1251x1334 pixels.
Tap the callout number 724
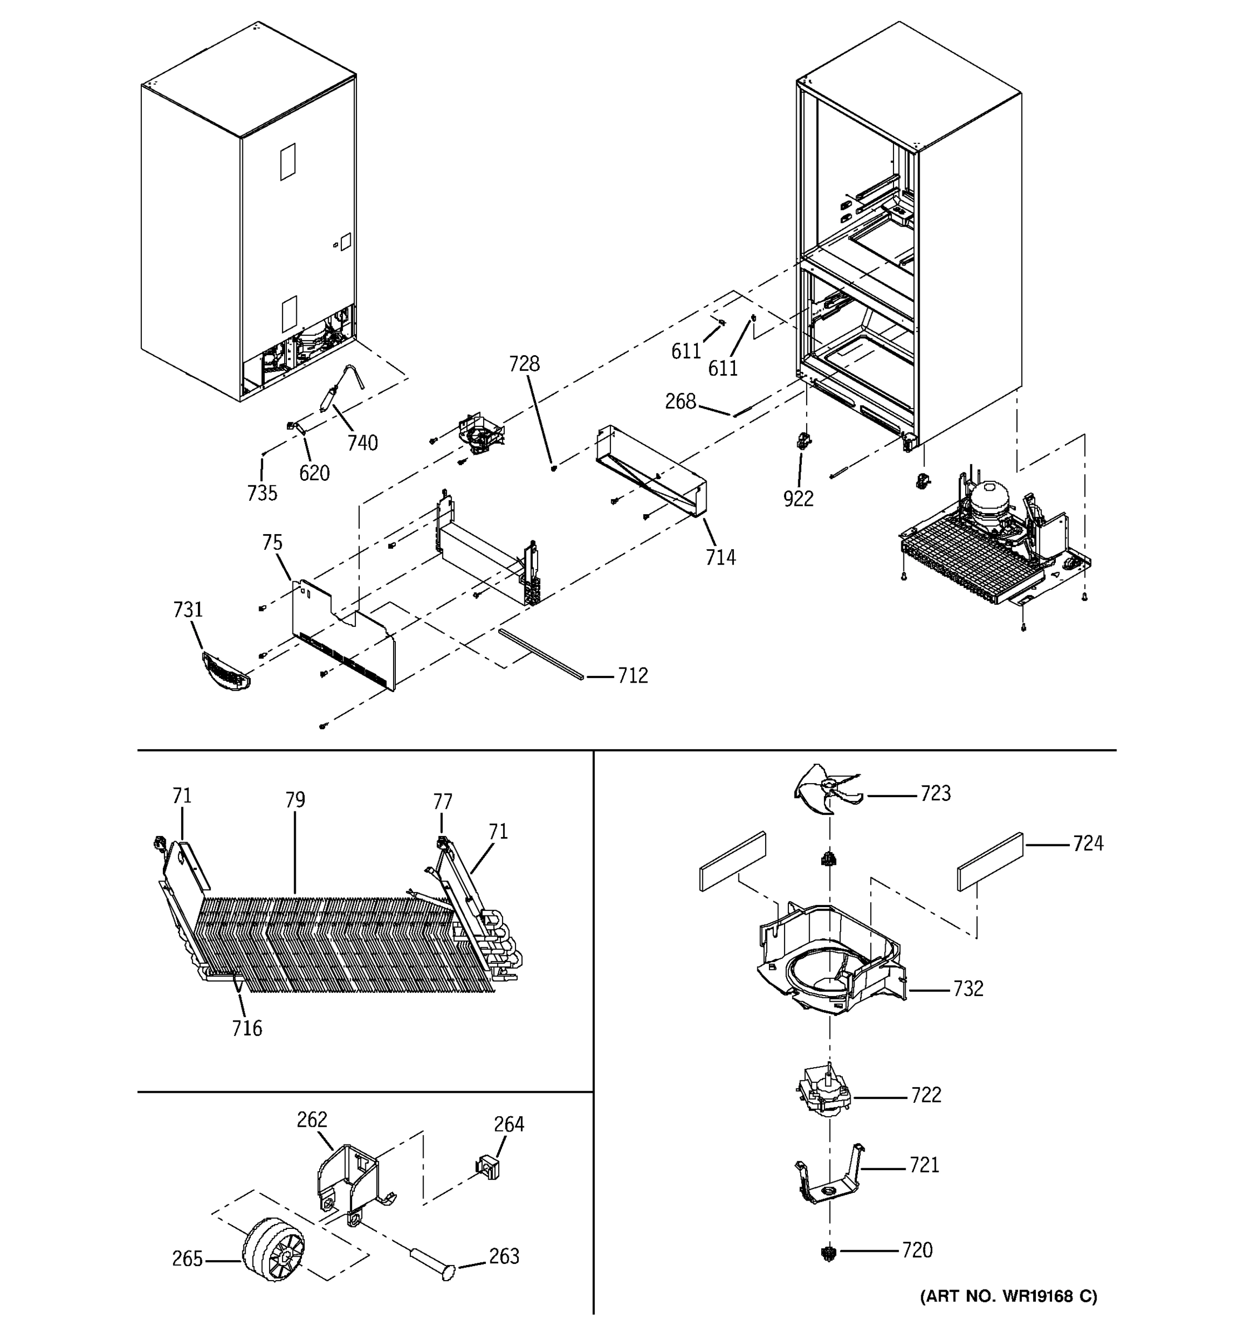[1088, 844]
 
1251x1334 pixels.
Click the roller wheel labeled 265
[272, 1250]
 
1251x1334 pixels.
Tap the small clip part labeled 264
[490, 1169]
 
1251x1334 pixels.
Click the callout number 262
[312, 1120]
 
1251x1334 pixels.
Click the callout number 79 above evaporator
[295, 800]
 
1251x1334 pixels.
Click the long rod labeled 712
[541, 654]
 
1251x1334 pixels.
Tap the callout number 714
[720, 558]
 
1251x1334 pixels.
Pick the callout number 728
[524, 364]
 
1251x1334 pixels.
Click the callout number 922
[798, 499]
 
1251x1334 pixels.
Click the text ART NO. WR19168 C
[1008, 1296]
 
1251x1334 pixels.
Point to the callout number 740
[363, 443]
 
